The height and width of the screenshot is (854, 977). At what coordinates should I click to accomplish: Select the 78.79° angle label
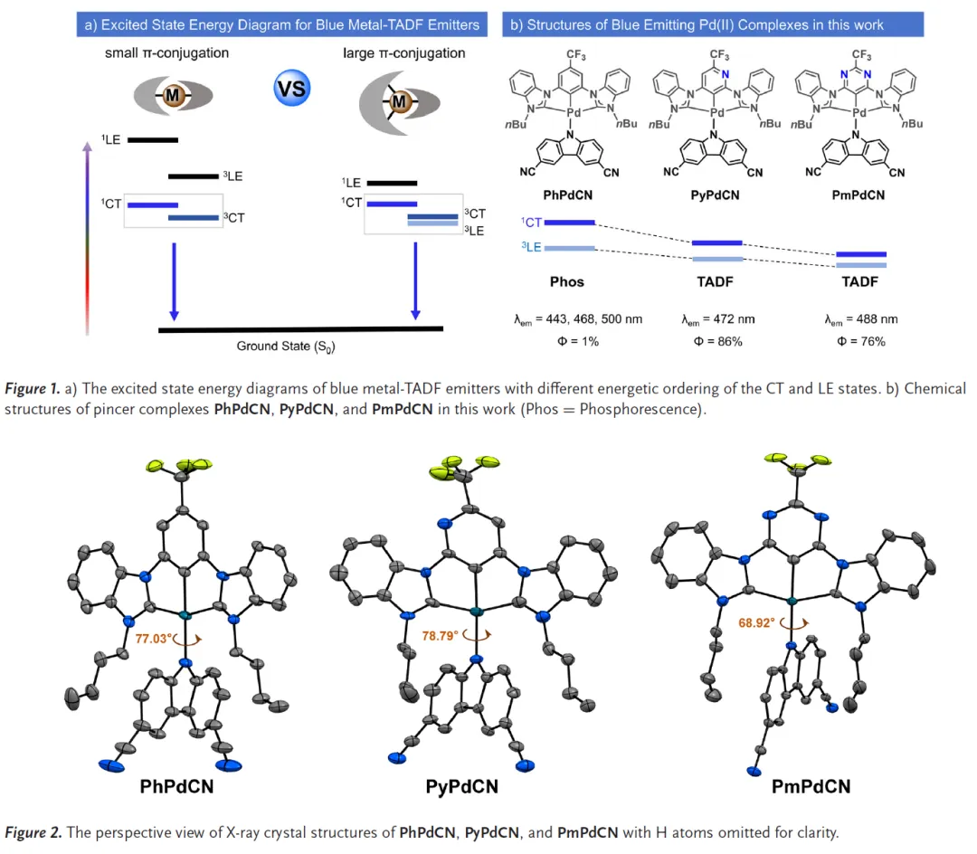click(x=441, y=636)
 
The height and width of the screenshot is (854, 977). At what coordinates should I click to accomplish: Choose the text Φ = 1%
click(x=566, y=341)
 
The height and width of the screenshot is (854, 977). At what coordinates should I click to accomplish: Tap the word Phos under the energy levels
click(x=566, y=281)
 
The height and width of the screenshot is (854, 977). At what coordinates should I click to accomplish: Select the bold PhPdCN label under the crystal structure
click(x=176, y=786)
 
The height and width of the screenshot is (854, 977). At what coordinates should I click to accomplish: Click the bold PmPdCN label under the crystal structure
click(x=811, y=786)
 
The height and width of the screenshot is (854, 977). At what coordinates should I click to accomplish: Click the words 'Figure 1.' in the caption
click(x=33, y=388)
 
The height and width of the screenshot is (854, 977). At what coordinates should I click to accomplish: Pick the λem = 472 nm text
click(x=717, y=319)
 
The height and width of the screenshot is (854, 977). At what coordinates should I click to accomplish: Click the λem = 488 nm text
click(x=860, y=319)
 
